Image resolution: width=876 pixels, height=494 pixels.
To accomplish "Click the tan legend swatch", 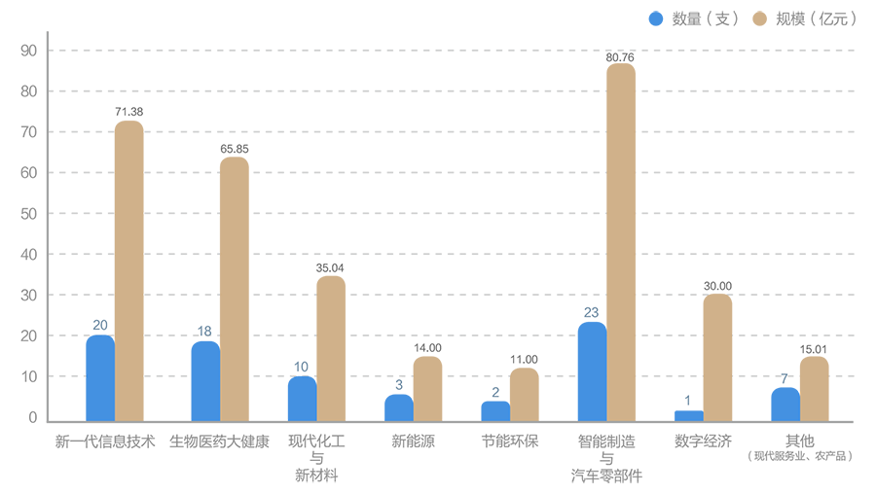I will tap(756, 21).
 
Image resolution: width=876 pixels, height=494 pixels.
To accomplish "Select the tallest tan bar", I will tap(620, 243).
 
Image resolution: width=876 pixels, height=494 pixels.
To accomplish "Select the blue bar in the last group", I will tap(777, 401).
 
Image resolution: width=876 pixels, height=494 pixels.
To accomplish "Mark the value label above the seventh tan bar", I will tap(718, 280).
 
